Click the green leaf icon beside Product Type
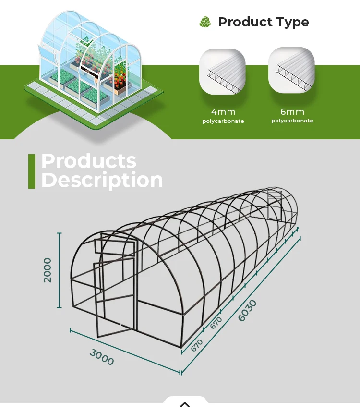[205, 22]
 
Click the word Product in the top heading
[245, 22]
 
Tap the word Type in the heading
[292, 22]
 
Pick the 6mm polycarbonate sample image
[291, 70]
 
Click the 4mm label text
[223, 112]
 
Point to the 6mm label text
[292, 112]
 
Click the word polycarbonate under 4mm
[223, 121]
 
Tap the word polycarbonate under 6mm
[292, 121]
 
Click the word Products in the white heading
[89, 161]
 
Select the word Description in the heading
[102, 180]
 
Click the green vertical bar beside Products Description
[32, 171]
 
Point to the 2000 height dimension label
[48, 270]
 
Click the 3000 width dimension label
[102, 357]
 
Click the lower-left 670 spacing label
[197, 345]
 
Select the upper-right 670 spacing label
[216, 323]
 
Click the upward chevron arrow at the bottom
[185, 404]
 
